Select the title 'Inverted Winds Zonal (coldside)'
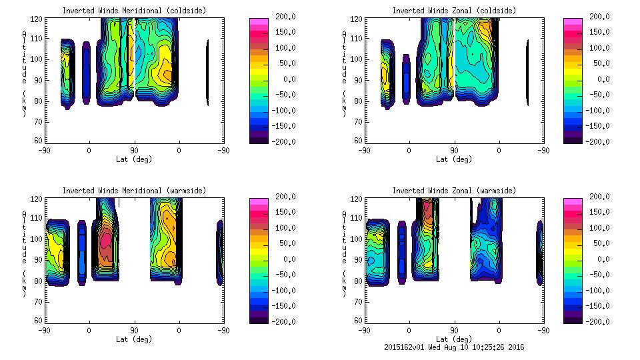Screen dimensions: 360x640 (x=454, y=11)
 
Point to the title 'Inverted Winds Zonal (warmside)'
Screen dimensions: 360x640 (x=454, y=191)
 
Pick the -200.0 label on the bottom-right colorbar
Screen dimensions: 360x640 (x=602, y=321)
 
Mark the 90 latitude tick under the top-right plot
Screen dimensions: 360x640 (x=454, y=151)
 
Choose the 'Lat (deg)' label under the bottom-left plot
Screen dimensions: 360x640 (x=134, y=339)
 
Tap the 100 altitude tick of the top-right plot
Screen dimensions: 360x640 (x=357, y=59)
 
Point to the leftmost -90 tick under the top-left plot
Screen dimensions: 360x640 (x=44, y=151)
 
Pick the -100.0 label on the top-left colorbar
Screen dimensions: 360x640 (x=285, y=111)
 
